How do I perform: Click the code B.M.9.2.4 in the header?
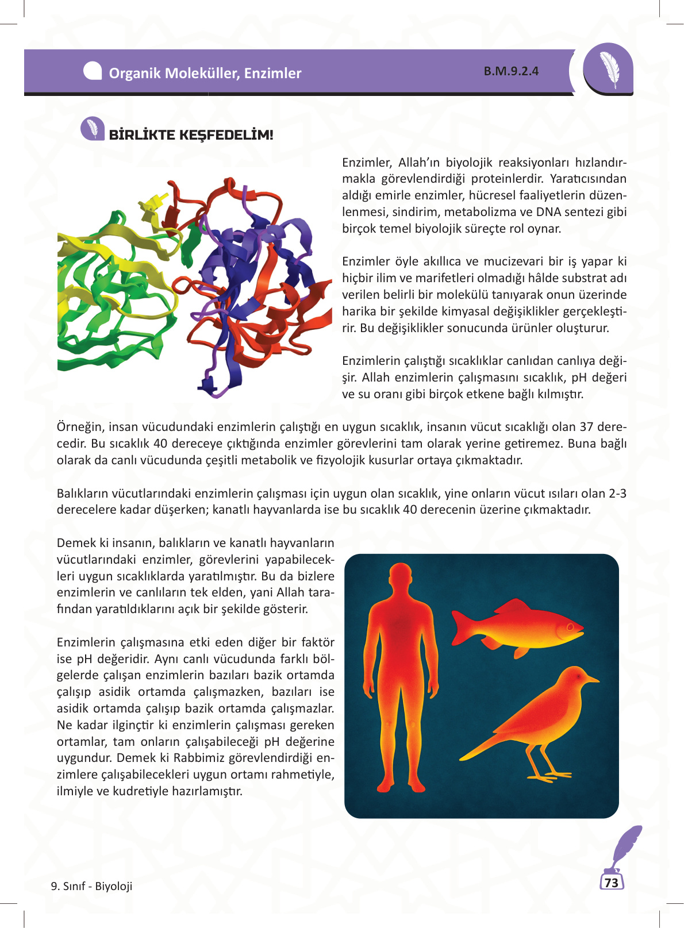tap(511, 71)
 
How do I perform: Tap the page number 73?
tap(612, 883)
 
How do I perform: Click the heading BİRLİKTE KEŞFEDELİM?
tap(191, 135)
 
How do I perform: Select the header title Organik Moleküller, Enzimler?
tap(205, 74)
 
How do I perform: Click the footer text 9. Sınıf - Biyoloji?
tap(92, 886)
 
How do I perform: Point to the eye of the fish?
tap(570, 626)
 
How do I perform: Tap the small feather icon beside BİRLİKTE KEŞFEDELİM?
tap(92, 129)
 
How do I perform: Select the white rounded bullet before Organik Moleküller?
tap(93, 71)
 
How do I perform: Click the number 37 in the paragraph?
tap(586, 427)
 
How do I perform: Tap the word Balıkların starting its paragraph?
tap(83, 494)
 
